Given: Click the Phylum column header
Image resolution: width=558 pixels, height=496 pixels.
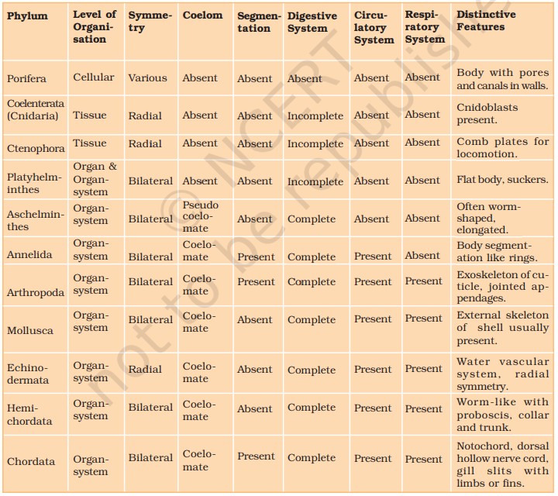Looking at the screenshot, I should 27,16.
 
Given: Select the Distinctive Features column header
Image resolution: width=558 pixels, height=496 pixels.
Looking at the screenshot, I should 486,21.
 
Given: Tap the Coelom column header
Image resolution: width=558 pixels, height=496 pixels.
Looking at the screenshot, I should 202,15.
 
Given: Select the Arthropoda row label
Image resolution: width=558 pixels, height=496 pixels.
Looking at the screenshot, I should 36,292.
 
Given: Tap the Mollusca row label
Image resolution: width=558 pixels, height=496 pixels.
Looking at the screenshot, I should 30,330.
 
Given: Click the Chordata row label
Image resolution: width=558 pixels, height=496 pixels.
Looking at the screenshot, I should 31,461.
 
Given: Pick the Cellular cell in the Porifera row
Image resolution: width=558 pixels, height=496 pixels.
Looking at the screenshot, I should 93,77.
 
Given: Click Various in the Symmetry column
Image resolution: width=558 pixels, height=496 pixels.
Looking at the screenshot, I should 147,78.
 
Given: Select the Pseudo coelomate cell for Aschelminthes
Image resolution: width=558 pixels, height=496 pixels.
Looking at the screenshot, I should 201,217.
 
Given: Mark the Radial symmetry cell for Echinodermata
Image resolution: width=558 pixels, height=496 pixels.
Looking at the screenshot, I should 145,370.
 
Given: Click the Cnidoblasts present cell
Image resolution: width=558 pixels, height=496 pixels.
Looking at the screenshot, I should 487,113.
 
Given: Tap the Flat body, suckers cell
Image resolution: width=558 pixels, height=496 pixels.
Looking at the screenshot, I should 502,180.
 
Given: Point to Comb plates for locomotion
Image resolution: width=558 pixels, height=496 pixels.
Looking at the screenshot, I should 502,147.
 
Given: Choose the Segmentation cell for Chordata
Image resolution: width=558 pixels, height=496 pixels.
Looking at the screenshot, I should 256,457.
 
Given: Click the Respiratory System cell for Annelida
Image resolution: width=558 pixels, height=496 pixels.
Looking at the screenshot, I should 422,255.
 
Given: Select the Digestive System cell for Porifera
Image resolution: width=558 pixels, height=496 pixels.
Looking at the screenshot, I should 305,78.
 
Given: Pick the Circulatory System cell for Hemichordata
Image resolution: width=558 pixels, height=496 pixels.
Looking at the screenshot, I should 373,408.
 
